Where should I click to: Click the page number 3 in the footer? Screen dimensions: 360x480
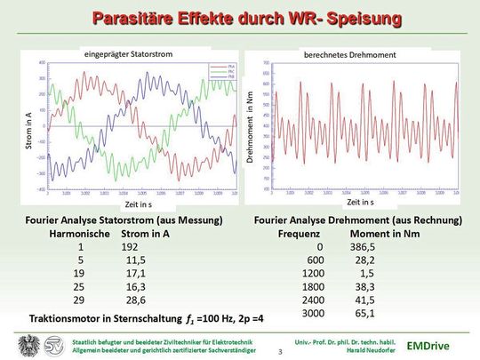(x=281, y=353)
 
